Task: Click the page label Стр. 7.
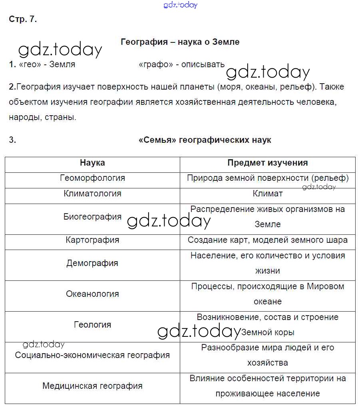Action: (x=22, y=19)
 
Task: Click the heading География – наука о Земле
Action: (x=180, y=42)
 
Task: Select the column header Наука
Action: (x=92, y=163)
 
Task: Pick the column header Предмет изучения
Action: (x=267, y=163)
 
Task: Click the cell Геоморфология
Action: (x=92, y=178)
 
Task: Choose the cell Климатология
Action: (x=92, y=194)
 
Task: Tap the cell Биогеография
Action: (x=92, y=217)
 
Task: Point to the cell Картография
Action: (x=92, y=240)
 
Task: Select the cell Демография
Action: (x=92, y=263)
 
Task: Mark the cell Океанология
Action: (x=92, y=294)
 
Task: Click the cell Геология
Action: (x=92, y=324)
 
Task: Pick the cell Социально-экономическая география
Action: (x=92, y=355)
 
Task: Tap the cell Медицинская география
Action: (x=92, y=386)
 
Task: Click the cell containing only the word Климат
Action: (x=267, y=194)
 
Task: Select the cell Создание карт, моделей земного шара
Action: (x=267, y=240)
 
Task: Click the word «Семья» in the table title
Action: (x=157, y=140)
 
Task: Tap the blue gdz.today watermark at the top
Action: (x=181, y=5)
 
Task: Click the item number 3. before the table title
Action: (x=12, y=140)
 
